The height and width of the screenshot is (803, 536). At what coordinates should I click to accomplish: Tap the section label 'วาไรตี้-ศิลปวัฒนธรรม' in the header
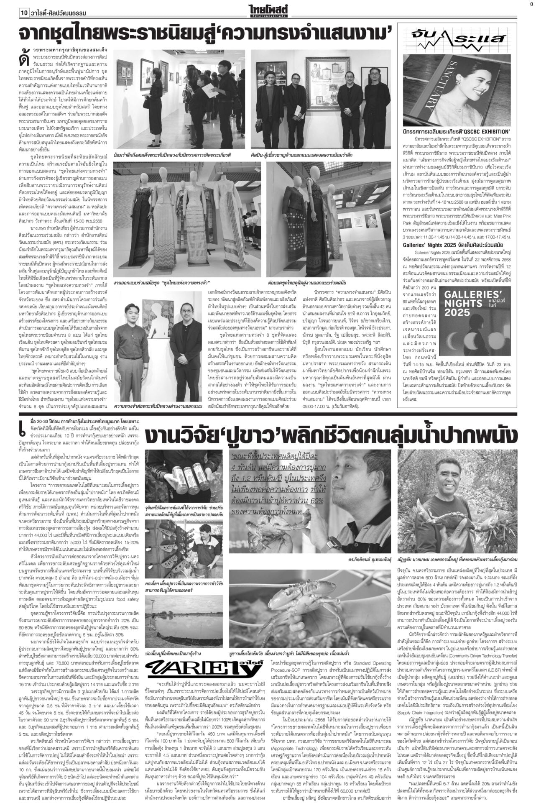point(59,13)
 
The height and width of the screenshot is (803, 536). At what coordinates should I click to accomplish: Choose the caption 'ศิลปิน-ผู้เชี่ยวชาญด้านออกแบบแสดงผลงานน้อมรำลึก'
point(308,155)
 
